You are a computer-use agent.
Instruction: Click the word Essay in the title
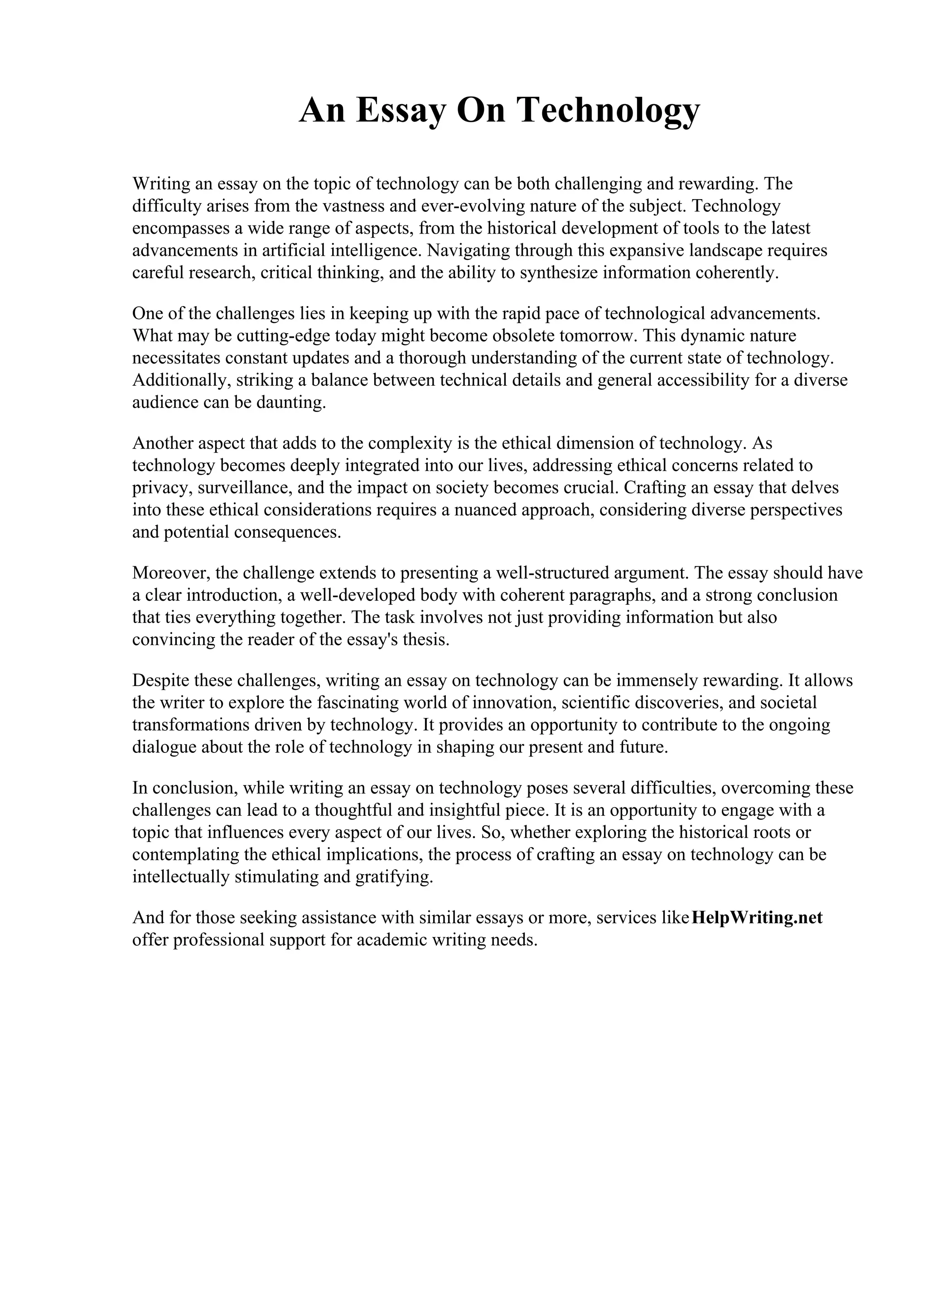(x=400, y=110)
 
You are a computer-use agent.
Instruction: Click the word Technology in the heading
(x=608, y=110)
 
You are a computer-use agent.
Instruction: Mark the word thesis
(x=426, y=639)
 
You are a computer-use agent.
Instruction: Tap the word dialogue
(x=164, y=747)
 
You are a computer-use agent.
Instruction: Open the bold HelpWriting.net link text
(x=756, y=918)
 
